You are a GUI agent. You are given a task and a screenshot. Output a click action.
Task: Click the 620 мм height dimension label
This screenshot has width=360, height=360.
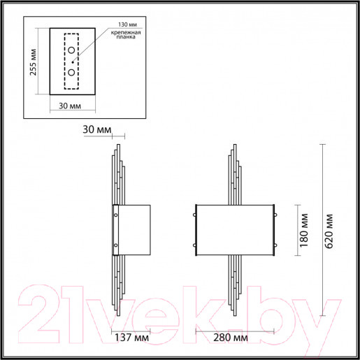329,231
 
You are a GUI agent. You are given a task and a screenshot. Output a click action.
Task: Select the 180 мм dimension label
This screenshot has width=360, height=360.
304,230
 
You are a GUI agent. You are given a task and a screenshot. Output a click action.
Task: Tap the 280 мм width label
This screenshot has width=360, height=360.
231,337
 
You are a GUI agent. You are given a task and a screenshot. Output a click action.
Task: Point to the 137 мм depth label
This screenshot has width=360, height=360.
131,337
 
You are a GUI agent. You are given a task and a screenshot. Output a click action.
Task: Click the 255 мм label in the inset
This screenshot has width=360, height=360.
34,62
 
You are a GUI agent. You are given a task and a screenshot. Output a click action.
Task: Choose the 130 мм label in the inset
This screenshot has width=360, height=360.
127,24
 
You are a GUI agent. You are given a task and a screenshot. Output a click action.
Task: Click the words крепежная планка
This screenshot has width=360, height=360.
126,34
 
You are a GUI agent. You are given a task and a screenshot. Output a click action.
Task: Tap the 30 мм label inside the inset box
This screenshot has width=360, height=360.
70,106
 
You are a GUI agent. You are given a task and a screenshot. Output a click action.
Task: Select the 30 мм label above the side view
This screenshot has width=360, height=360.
97,129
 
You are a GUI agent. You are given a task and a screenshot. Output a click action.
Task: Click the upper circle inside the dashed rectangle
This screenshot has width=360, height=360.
71,50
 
